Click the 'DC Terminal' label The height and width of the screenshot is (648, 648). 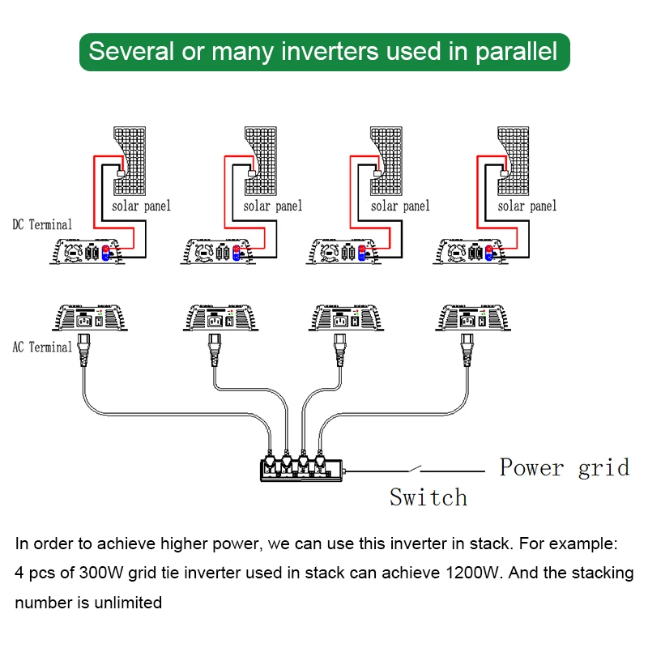(x=42, y=224)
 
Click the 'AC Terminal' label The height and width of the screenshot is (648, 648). (x=42, y=347)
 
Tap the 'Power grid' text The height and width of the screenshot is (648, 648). (x=565, y=468)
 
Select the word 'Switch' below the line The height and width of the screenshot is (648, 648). (x=428, y=497)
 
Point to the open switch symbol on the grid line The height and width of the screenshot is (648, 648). (x=415, y=469)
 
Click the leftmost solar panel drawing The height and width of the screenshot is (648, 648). (x=130, y=160)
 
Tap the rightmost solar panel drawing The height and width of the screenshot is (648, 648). (x=514, y=160)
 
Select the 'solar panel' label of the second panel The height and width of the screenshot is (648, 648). (x=273, y=206)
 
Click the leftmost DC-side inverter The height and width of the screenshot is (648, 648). (x=87, y=251)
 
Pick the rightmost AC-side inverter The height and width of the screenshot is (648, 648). (x=473, y=318)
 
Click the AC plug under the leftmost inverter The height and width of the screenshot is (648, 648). (x=84, y=350)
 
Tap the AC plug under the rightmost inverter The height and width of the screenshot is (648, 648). (x=467, y=350)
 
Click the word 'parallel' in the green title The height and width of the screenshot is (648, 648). (x=516, y=52)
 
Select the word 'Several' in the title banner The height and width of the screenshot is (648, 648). (x=131, y=51)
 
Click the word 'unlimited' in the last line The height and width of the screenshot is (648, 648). (x=128, y=603)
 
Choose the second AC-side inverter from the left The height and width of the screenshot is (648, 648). (x=221, y=318)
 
